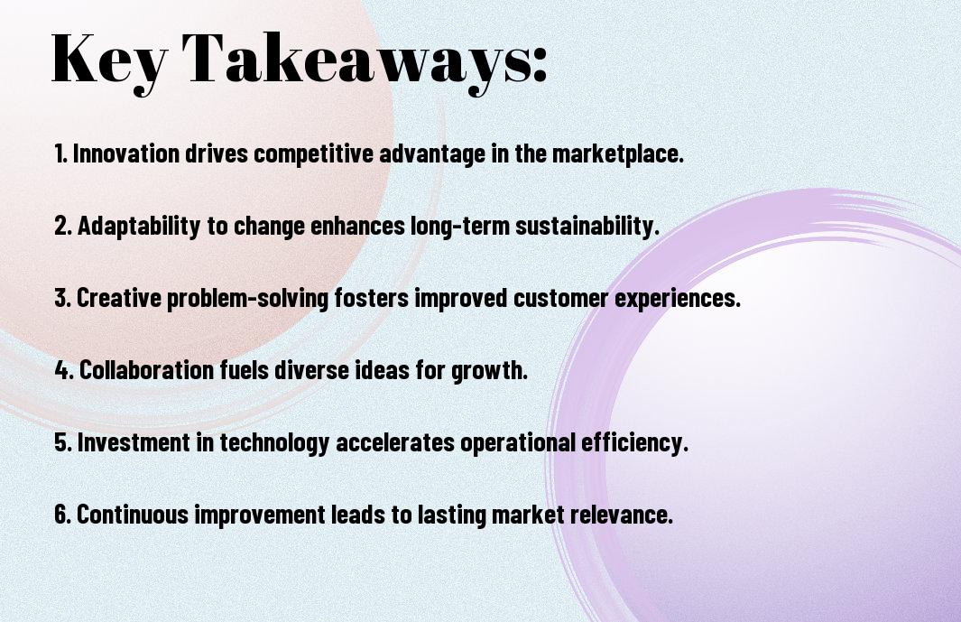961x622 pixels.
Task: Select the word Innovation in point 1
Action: click(126, 153)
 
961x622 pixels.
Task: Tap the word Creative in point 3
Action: click(119, 298)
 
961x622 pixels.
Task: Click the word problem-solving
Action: click(247, 299)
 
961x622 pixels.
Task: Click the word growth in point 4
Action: click(490, 371)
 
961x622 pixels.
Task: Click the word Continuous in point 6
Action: click(133, 514)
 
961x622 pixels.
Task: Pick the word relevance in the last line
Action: click(622, 514)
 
